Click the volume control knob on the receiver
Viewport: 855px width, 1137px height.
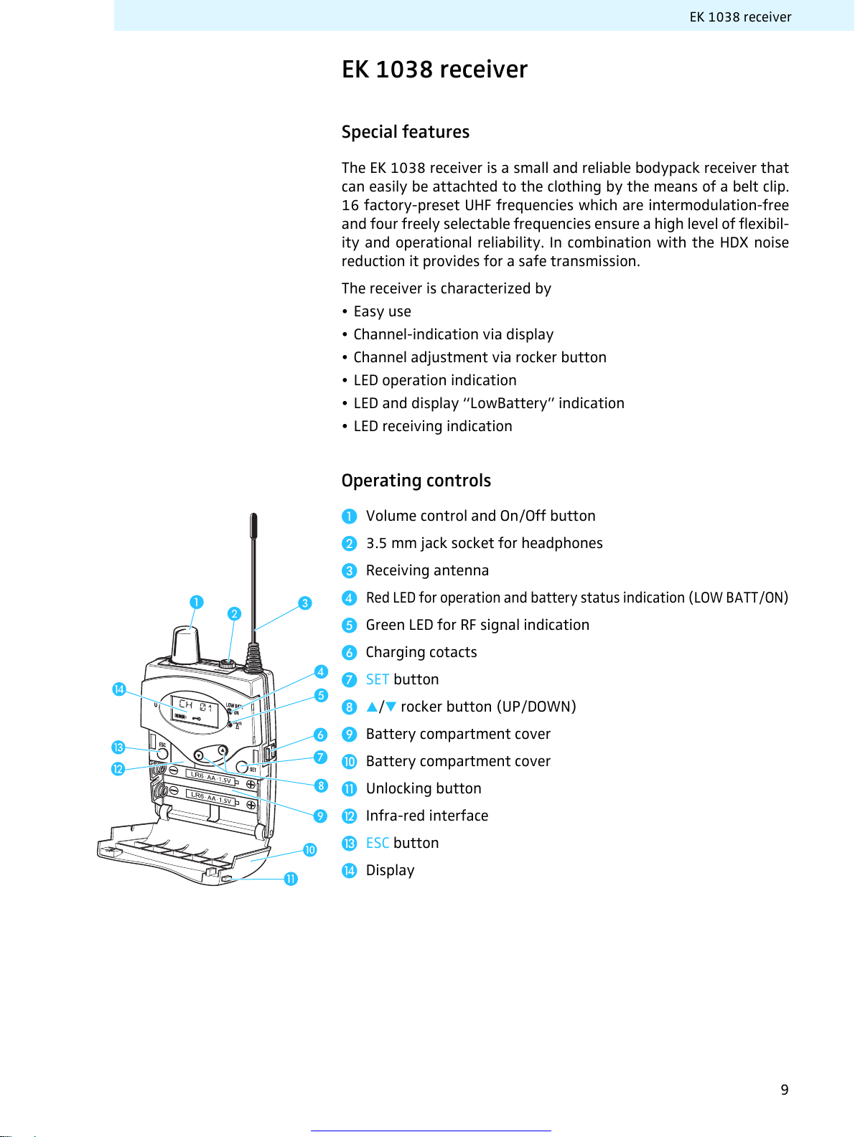tap(187, 644)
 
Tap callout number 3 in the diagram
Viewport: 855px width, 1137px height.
tap(305, 603)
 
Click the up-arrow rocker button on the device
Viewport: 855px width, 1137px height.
tap(223, 751)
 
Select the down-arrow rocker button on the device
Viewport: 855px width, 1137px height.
tap(199, 755)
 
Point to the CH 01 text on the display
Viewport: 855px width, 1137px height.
tap(195, 705)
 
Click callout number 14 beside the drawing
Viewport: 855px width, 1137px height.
tap(119, 689)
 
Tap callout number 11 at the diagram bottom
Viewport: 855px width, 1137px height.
tap(291, 879)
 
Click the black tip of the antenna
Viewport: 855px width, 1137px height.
tap(253, 526)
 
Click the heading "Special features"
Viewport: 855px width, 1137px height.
tap(405, 132)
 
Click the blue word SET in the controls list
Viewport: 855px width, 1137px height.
tap(378, 679)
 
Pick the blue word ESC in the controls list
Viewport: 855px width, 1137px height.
tap(378, 843)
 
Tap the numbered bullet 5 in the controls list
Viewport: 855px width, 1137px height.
tap(350, 626)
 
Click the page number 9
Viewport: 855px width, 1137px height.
tap(785, 1090)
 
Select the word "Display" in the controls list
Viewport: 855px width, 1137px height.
tap(390, 870)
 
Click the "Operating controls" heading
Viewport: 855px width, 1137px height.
tap(416, 481)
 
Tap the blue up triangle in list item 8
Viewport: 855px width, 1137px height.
tap(372, 707)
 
